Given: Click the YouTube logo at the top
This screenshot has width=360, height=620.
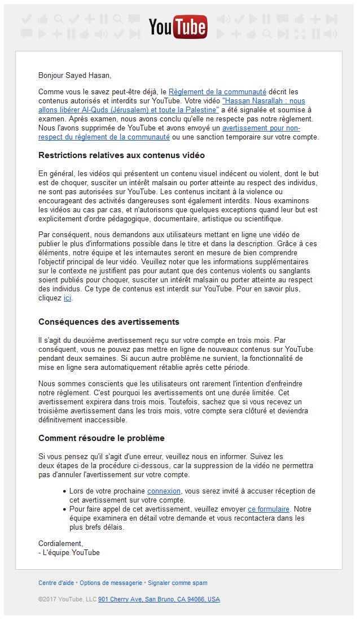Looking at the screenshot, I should pyautogui.click(x=178, y=27).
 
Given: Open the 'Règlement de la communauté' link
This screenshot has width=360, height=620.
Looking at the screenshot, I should pyautogui.click(x=217, y=91).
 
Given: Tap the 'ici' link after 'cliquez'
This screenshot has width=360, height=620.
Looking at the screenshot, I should pyautogui.click(x=67, y=298).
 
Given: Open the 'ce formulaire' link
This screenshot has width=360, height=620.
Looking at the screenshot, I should pyautogui.click(x=268, y=509).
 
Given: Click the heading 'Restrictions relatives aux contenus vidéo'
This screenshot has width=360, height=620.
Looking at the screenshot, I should pyautogui.click(x=121, y=155).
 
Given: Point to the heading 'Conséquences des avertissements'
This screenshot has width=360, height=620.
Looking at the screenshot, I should pyautogui.click(x=108, y=322).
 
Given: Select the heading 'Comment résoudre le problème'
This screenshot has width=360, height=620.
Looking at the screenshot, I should pyautogui.click(x=101, y=438).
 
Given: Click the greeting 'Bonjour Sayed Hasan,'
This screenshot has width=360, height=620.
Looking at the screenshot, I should pyautogui.click(x=74, y=75).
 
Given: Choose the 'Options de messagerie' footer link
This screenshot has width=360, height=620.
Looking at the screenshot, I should pyautogui.click(x=111, y=583).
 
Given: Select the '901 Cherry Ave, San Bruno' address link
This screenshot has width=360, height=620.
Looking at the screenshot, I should pyautogui.click(x=159, y=599).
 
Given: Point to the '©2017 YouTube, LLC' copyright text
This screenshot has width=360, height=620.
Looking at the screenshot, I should pyautogui.click(x=67, y=599).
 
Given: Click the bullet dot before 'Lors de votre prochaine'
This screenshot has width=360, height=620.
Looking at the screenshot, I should pyautogui.click(x=64, y=491).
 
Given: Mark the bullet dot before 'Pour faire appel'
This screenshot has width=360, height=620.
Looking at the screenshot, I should pyautogui.click(x=64, y=509).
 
